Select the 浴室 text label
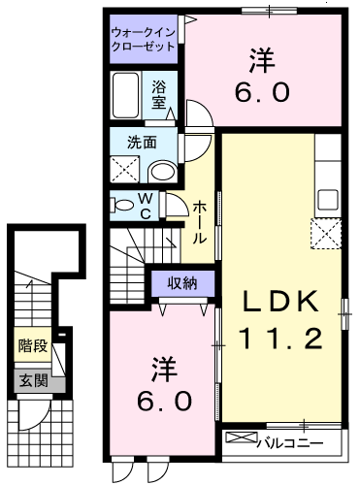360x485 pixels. tap(159, 93)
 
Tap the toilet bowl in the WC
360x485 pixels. tap(123, 206)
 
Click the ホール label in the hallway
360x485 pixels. tap(199, 220)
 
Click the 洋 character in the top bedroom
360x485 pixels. tap(260, 61)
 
